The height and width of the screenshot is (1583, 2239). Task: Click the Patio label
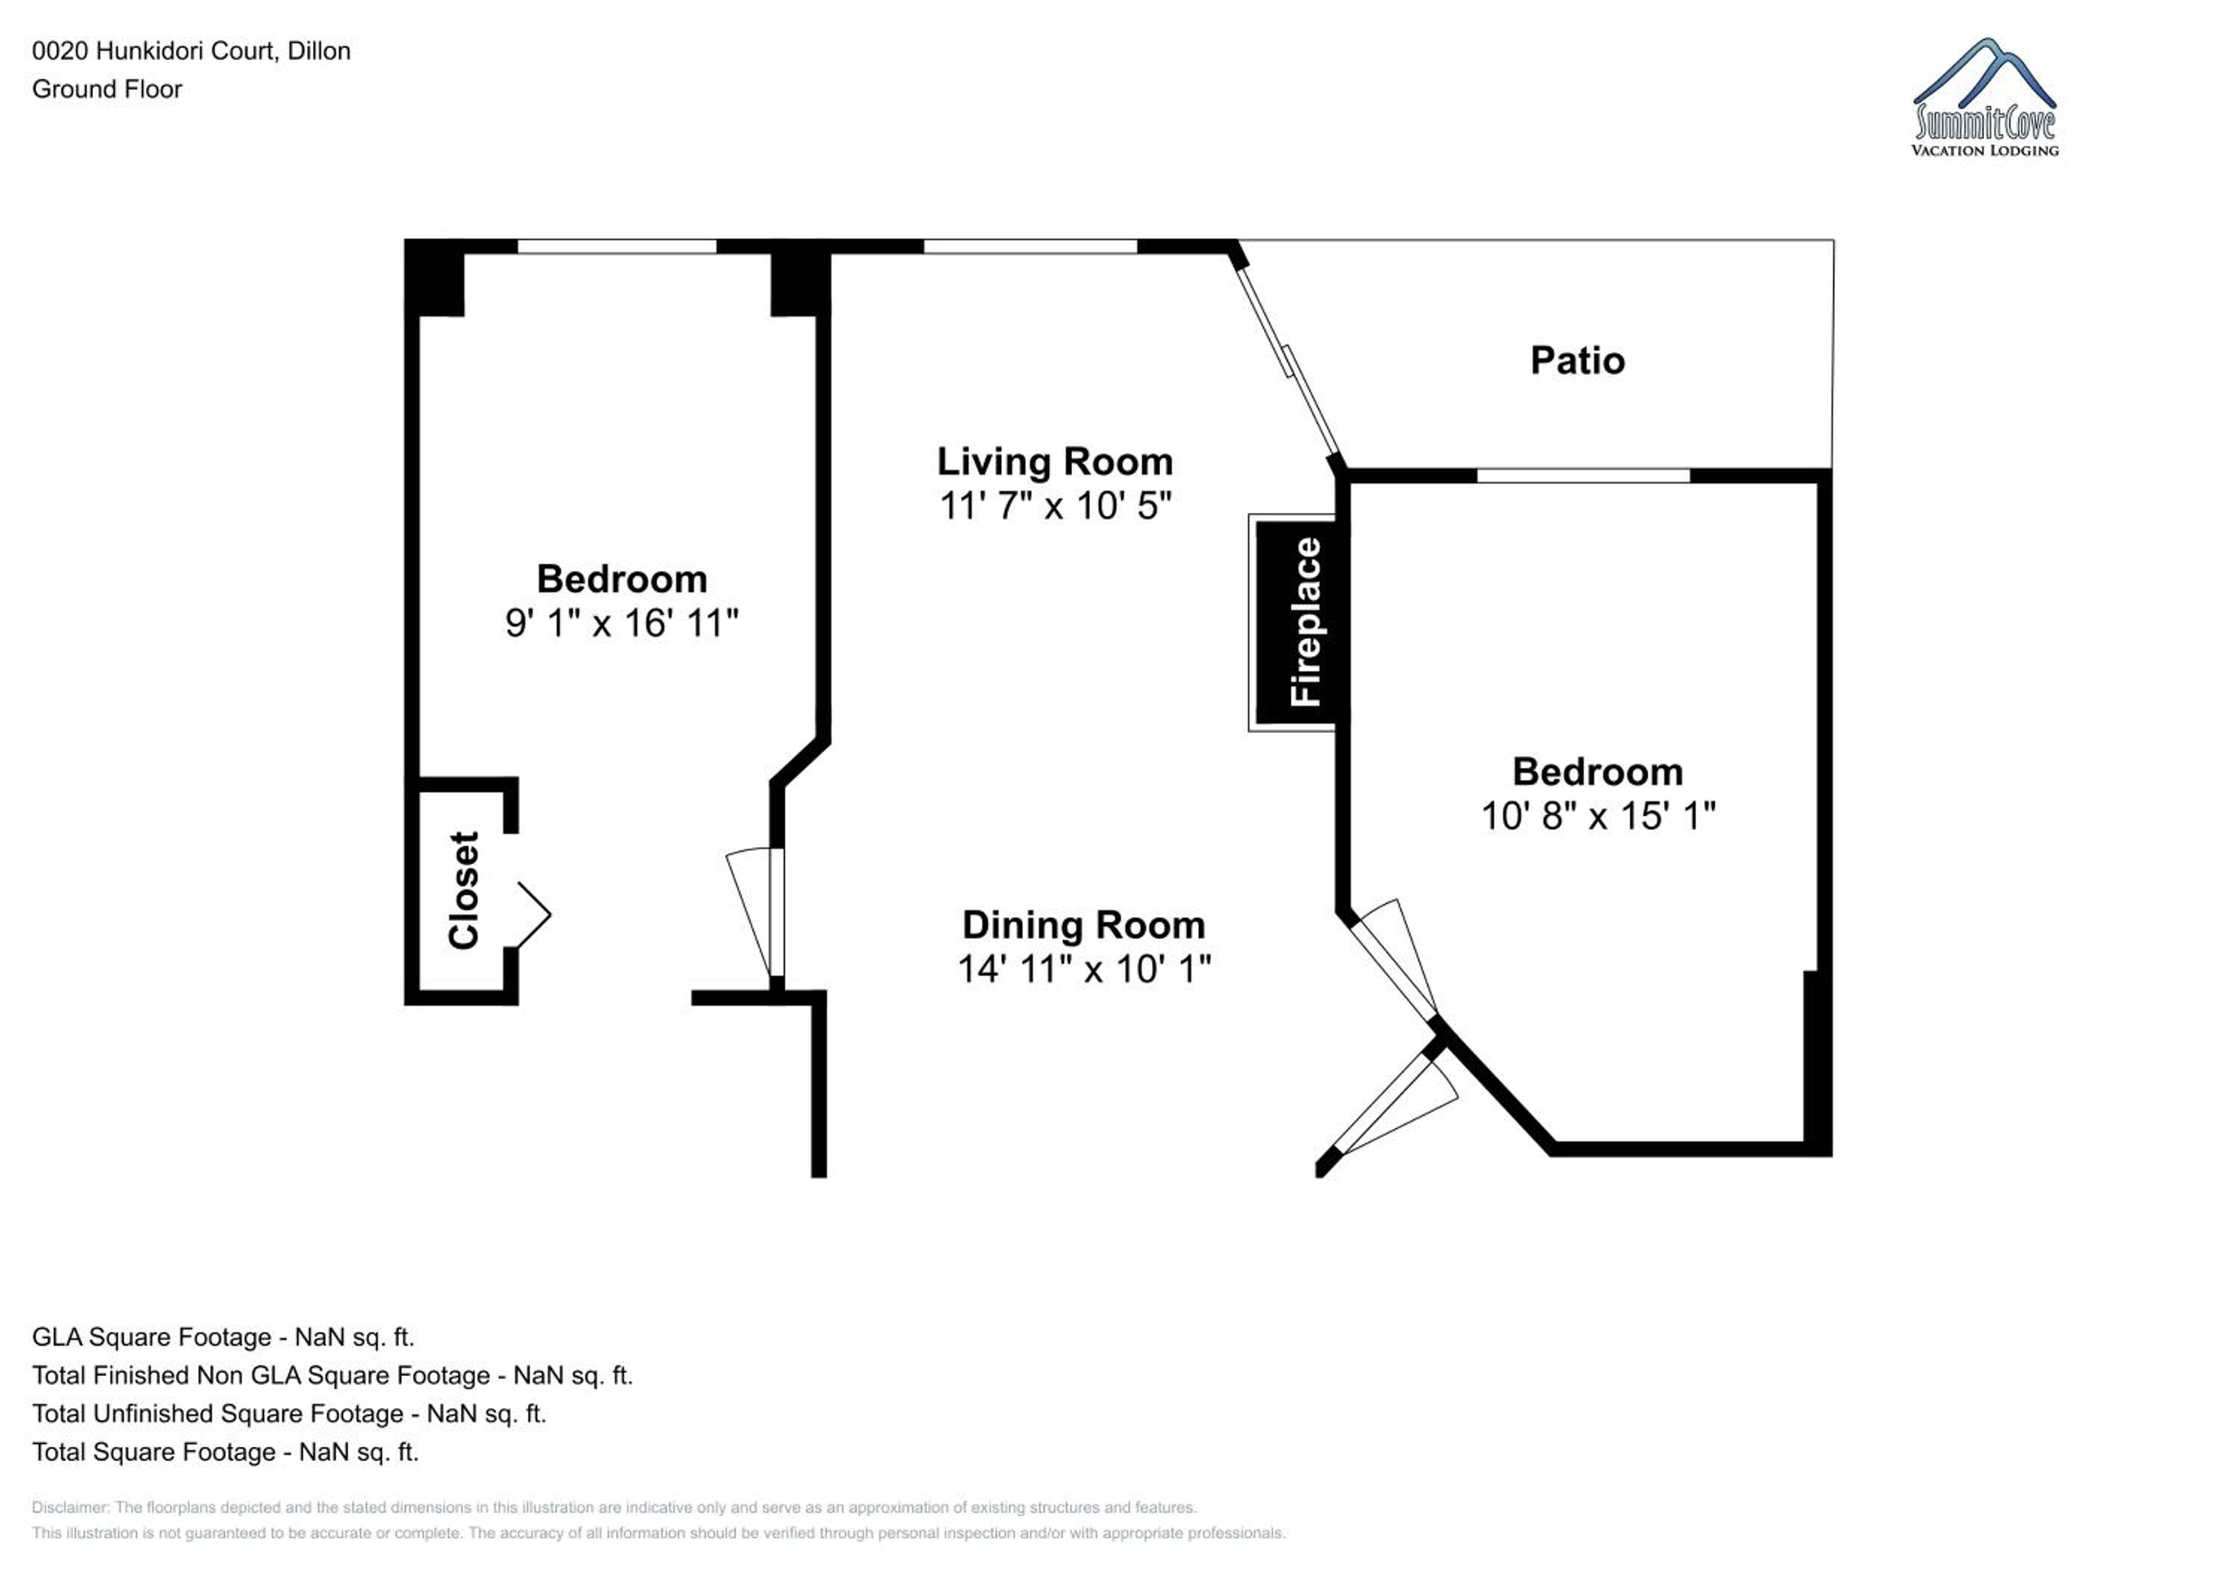click(1577, 360)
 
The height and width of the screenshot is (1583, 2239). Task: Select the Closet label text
click(463, 890)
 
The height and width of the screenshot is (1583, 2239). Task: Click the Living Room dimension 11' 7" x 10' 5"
click(1055, 506)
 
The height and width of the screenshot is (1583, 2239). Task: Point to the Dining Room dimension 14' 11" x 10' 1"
click(1084, 969)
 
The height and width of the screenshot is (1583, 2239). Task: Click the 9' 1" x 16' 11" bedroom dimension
click(622, 623)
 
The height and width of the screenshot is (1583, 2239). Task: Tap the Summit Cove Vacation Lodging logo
click(1985, 98)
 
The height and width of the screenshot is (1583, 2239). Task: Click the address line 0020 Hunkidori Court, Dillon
click(191, 51)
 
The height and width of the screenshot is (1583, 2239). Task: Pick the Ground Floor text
click(107, 89)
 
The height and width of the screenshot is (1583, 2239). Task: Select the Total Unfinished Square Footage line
click(289, 1414)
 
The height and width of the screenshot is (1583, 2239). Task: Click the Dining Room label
click(1084, 925)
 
